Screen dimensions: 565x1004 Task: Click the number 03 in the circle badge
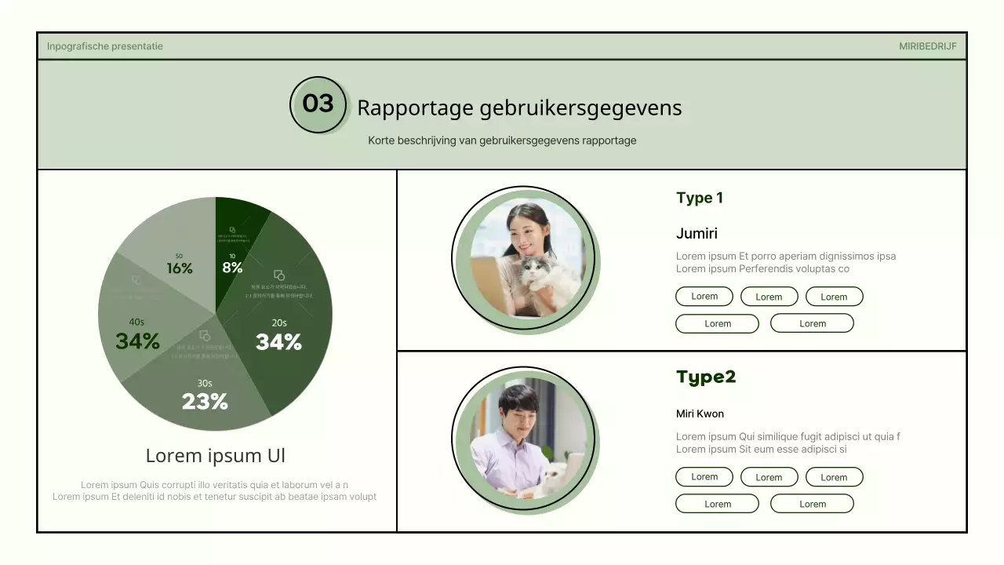(x=318, y=104)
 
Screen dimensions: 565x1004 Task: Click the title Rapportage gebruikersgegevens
(x=519, y=108)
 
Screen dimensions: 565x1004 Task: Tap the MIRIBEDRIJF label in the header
(x=927, y=46)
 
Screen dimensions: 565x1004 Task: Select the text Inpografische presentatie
(x=105, y=46)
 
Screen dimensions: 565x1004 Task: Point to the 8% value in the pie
(x=232, y=267)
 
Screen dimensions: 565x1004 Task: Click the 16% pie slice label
(x=180, y=268)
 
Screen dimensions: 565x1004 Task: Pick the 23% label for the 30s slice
(x=205, y=402)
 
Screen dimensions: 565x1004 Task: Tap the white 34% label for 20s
(x=278, y=342)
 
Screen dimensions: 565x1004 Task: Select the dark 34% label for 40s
(x=137, y=341)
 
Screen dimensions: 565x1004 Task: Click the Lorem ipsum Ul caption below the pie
(x=216, y=456)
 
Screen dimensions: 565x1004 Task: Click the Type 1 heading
(x=700, y=198)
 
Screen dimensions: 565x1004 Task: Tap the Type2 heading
(x=706, y=377)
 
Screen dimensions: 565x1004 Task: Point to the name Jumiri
(x=697, y=233)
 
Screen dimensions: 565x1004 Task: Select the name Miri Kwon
(x=700, y=414)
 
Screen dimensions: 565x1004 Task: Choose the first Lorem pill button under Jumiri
(x=704, y=297)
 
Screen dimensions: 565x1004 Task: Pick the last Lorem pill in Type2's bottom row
(x=812, y=504)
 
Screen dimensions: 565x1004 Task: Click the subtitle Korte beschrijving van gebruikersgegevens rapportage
(x=502, y=141)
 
